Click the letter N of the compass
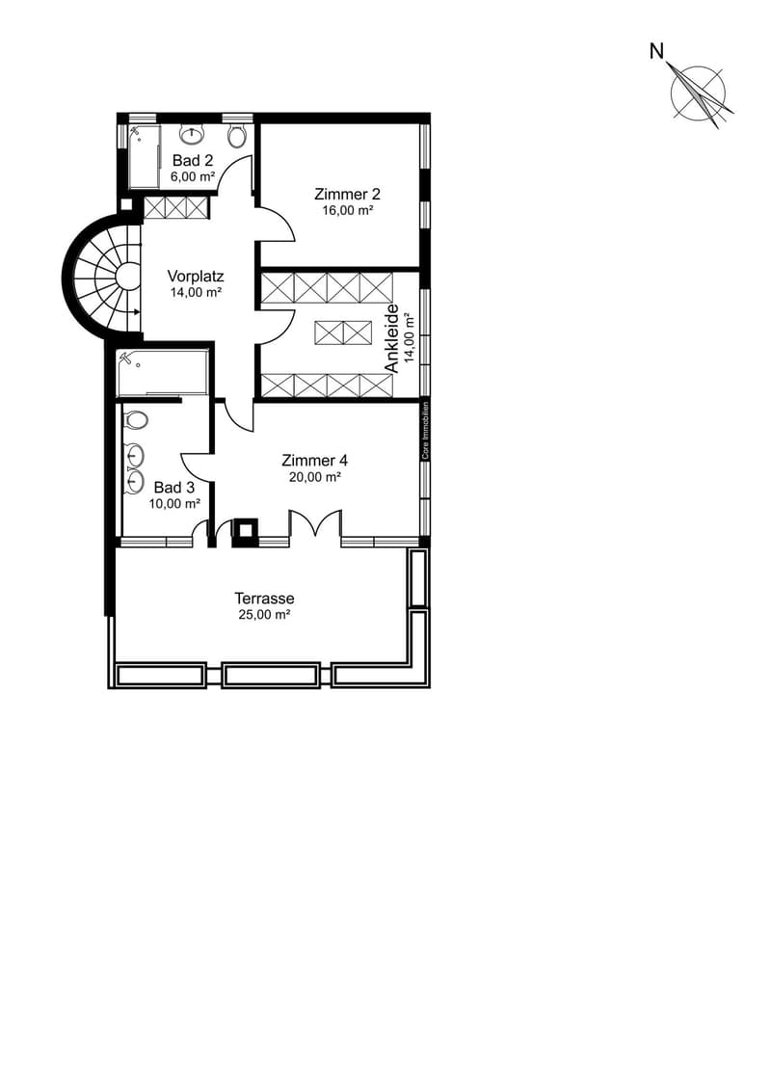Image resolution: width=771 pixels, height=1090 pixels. [x=656, y=51]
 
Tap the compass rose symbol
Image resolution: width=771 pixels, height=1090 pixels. [x=699, y=93]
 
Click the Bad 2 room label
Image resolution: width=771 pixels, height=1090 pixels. [x=193, y=161]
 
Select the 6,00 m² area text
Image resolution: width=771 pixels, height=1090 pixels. [x=193, y=176]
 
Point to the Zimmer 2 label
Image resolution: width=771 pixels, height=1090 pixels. [x=347, y=194]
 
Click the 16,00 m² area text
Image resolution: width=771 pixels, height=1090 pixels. [x=348, y=210]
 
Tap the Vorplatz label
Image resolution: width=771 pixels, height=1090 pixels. [x=196, y=276]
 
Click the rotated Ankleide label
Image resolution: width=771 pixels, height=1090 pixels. [x=391, y=338]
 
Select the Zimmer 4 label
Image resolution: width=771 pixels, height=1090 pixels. [x=315, y=461]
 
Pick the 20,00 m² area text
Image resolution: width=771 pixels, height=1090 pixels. [x=315, y=477]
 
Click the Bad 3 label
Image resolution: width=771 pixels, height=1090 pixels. [x=174, y=488]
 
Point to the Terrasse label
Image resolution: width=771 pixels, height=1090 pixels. [x=264, y=598]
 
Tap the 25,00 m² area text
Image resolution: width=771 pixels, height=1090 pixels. [x=264, y=615]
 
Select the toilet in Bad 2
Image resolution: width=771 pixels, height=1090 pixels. [x=237, y=135]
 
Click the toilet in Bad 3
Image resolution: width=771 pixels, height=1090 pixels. [x=136, y=420]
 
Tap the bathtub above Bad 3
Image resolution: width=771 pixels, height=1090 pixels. [x=163, y=372]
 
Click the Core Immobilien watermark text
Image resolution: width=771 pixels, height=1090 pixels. [x=425, y=430]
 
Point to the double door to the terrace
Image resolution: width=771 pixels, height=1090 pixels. [x=316, y=522]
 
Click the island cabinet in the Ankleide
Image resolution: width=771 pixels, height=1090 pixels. [x=343, y=333]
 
